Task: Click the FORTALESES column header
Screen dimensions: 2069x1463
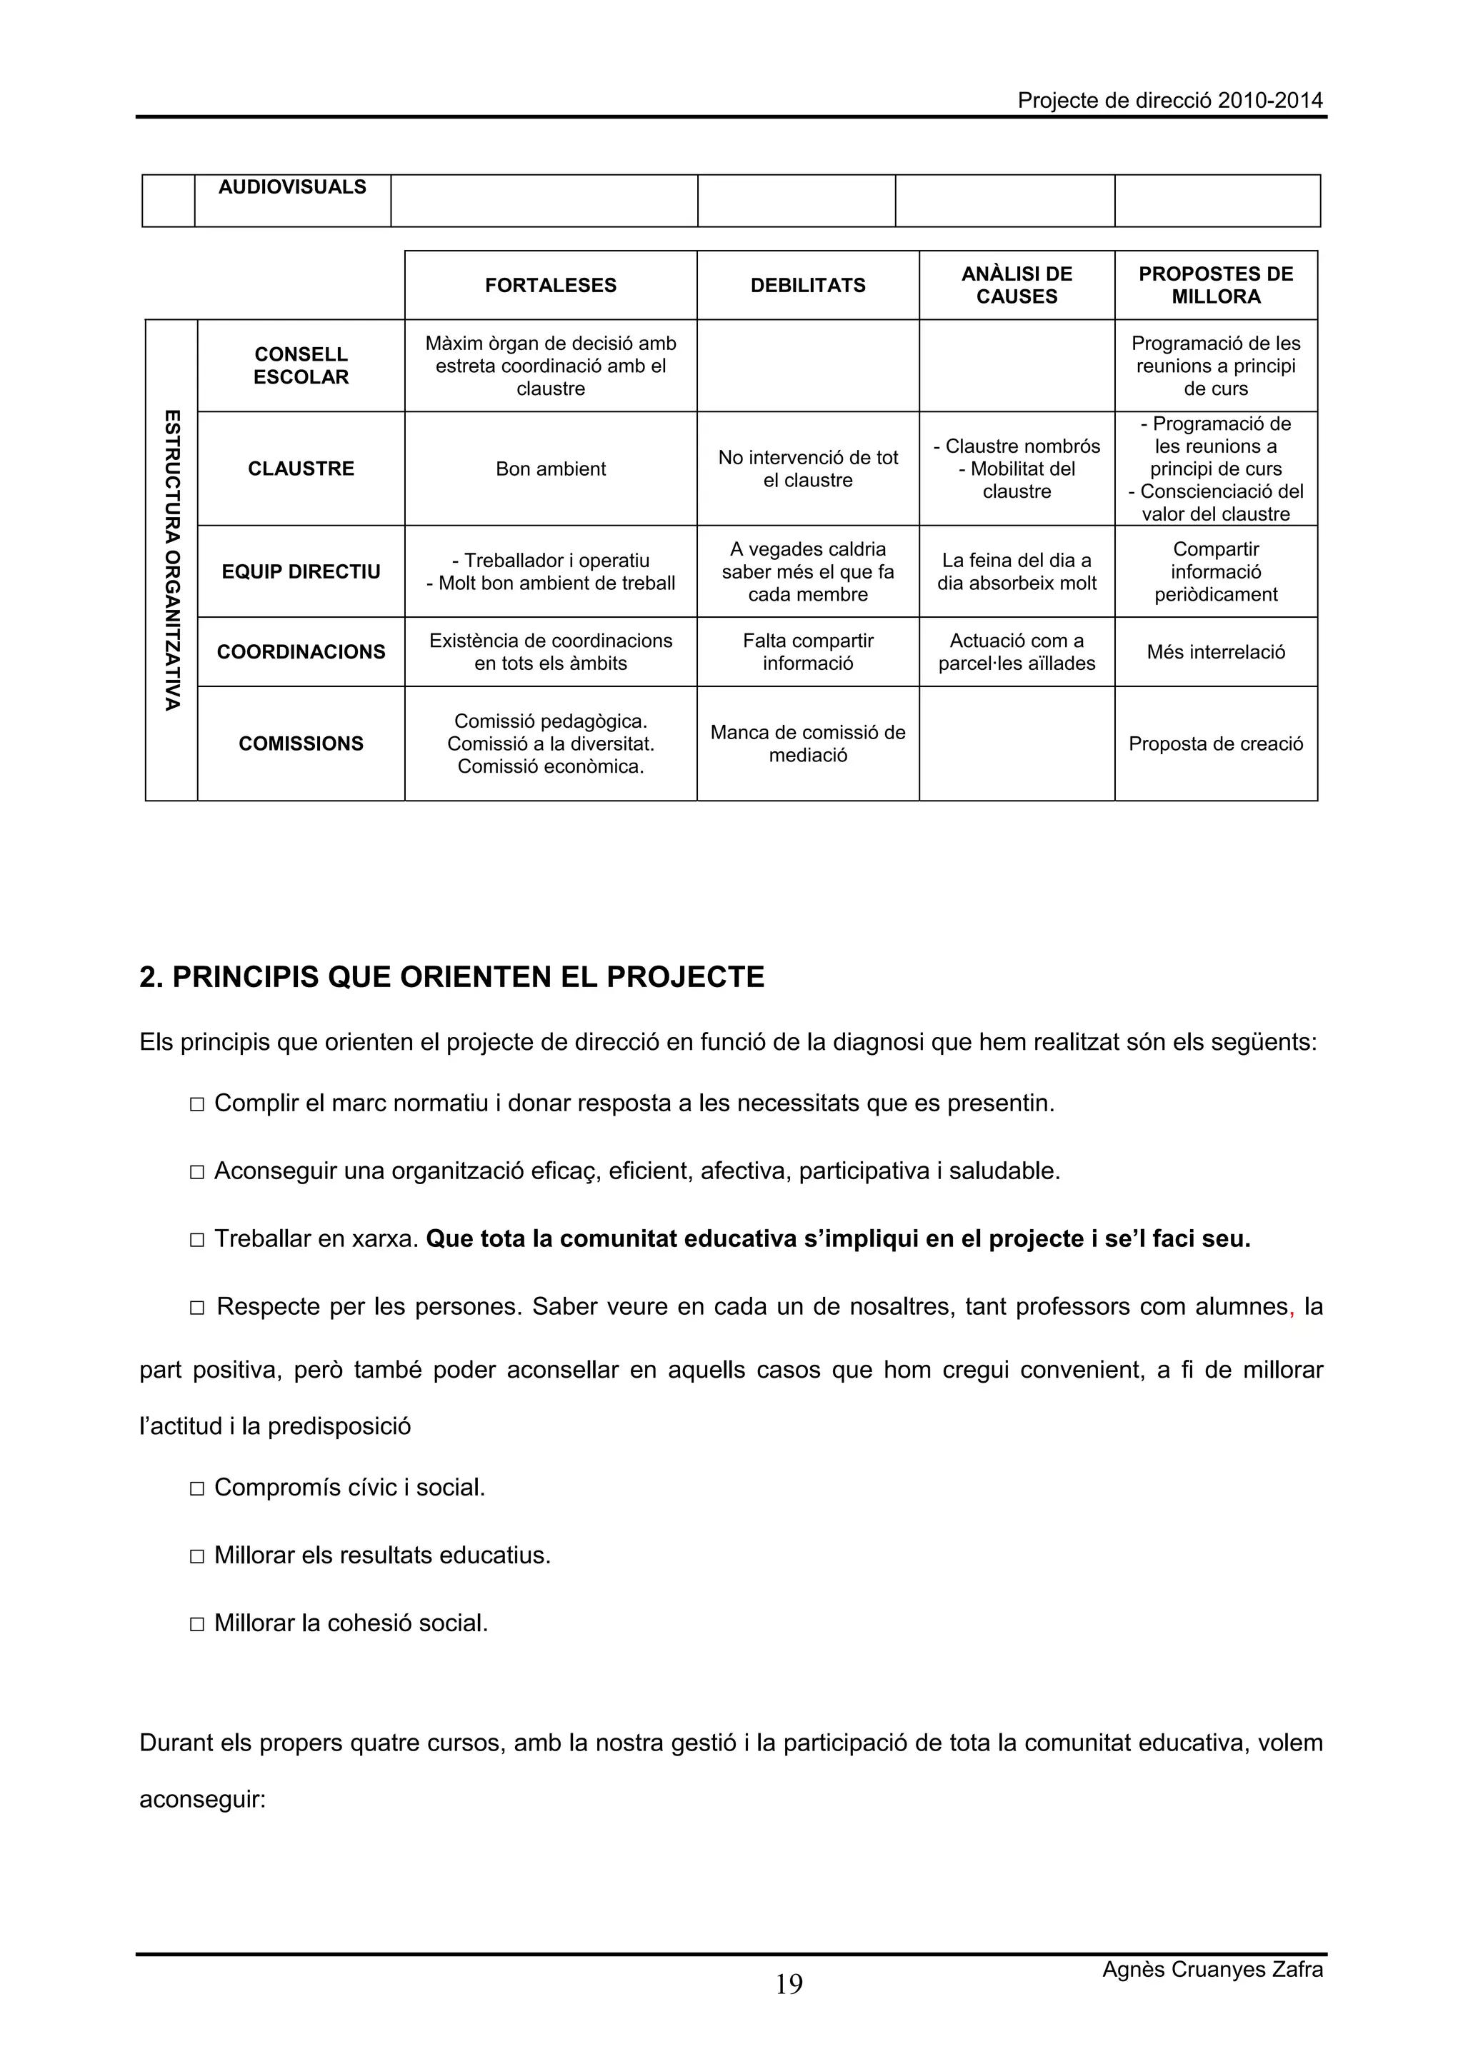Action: (550, 285)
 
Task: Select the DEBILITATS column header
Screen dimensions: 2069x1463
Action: (808, 285)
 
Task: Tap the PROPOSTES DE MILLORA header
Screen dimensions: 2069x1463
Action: (1215, 285)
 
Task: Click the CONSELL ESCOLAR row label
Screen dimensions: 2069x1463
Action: (300, 365)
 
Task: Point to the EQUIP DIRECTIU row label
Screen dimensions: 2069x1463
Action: (300, 571)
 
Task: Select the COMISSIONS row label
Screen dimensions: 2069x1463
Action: (300, 743)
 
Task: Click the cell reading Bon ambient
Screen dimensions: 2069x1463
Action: (550, 469)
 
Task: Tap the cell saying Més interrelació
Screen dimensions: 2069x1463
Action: (1215, 651)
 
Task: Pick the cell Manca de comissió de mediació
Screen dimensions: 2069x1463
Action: (808, 743)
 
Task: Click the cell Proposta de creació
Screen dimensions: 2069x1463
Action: (1215, 743)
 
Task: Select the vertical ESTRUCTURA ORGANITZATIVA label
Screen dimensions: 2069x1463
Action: (171, 560)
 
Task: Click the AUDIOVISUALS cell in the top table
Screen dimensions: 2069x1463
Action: (292, 186)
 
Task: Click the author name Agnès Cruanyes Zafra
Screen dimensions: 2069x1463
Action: (1212, 1969)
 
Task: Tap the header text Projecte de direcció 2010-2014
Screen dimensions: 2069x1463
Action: (1170, 100)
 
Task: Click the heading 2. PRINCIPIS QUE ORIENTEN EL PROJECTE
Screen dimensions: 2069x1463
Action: (451, 977)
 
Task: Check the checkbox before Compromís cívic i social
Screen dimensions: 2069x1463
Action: (197, 1488)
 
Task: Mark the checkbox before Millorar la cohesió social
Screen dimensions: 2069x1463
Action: (197, 1625)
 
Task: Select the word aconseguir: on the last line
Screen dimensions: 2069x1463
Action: (202, 1800)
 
